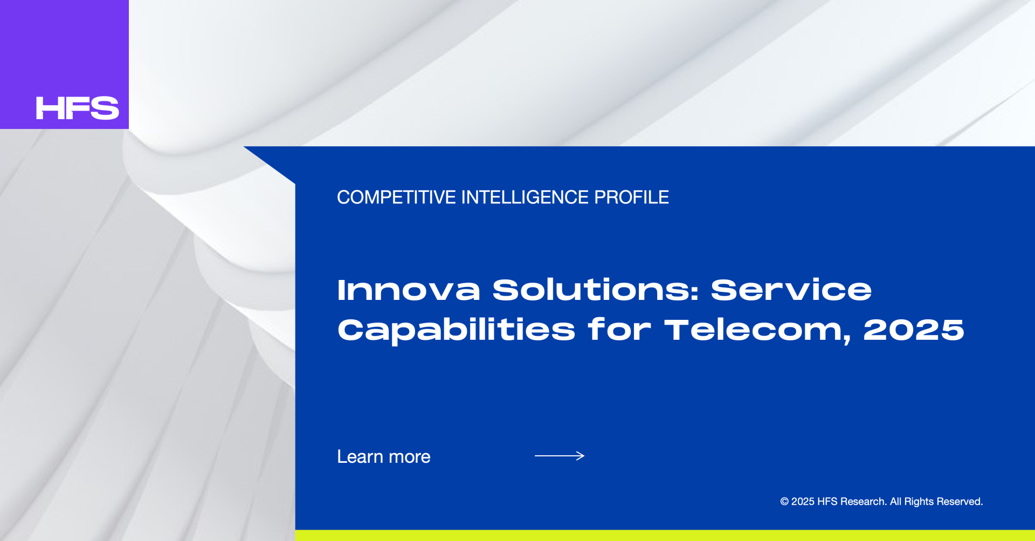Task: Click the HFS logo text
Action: coord(77,108)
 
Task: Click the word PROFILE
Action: coord(631,197)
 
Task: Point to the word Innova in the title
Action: coord(409,290)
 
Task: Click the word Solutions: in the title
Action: coord(596,290)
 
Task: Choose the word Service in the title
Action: coord(791,290)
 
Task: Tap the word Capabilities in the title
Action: coord(456,330)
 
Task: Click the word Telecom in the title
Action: coord(757,330)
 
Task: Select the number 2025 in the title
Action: coord(914,330)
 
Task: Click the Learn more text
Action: coord(384,457)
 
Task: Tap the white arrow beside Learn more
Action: coord(560,456)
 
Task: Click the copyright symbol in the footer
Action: coord(784,502)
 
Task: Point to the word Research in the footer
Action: coord(862,502)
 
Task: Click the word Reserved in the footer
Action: coord(960,502)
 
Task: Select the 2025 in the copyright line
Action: coord(803,502)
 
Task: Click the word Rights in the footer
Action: coord(919,502)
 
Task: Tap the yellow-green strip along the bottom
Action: coord(665,536)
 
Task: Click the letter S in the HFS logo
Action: coord(105,108)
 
